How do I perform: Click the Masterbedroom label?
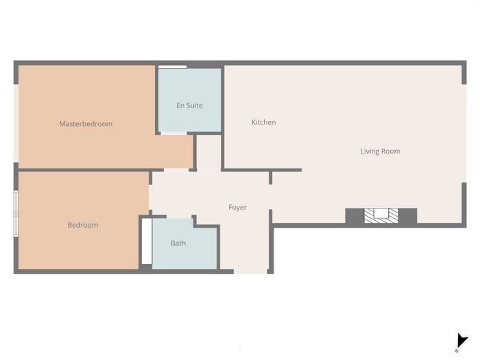86,123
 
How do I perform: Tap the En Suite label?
189,106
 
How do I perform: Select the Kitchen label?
263,122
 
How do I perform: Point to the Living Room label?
380,152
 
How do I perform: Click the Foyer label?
237,207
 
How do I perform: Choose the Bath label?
178,243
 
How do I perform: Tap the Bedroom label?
83,225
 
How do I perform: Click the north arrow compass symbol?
461,342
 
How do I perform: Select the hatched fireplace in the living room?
381,215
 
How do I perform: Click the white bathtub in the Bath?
147,241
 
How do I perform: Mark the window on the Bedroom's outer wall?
16,214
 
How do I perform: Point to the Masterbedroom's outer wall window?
16,123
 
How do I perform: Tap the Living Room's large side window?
464,134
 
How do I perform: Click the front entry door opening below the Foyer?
250,272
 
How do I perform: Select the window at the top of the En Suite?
172,67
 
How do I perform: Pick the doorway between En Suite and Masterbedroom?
173,134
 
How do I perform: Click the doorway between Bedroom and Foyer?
150,197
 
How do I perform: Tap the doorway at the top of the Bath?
179,217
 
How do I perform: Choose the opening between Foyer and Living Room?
271,197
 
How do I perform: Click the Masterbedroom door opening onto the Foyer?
176,170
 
